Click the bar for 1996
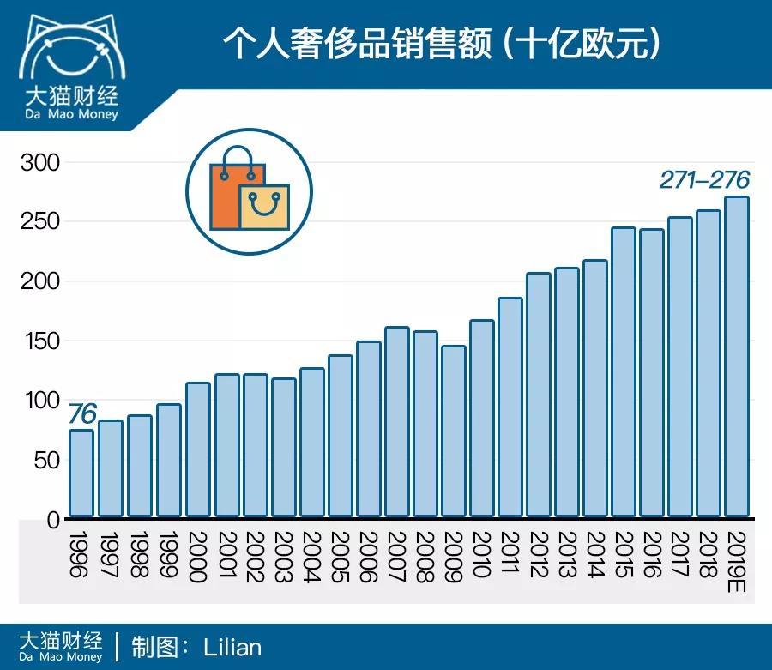pyautogui.click(x=81, y=474)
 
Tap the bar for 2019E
pyautogui.click(x=738, y=357)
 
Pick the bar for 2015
pyautogui.click(x=624, y=372)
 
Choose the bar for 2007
pyautogui.click(x=396, y=422)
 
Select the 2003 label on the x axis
pyautogui.click(x=282, y=557)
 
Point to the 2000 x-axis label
pyautogui.click(x=196, y=557)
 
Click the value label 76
pyautogui.click(x=81, y=413)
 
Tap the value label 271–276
pyautogui.click(x=704, y=180)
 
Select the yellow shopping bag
pyautogui.click(x=265, y=208)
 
